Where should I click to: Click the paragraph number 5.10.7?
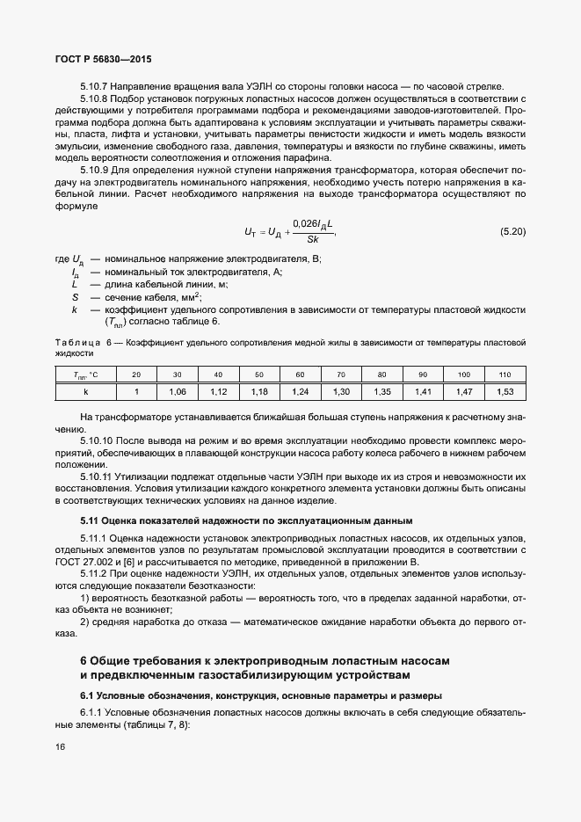[93, 86]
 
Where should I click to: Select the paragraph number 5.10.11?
[96, 476]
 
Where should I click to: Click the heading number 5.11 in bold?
[89, 521]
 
